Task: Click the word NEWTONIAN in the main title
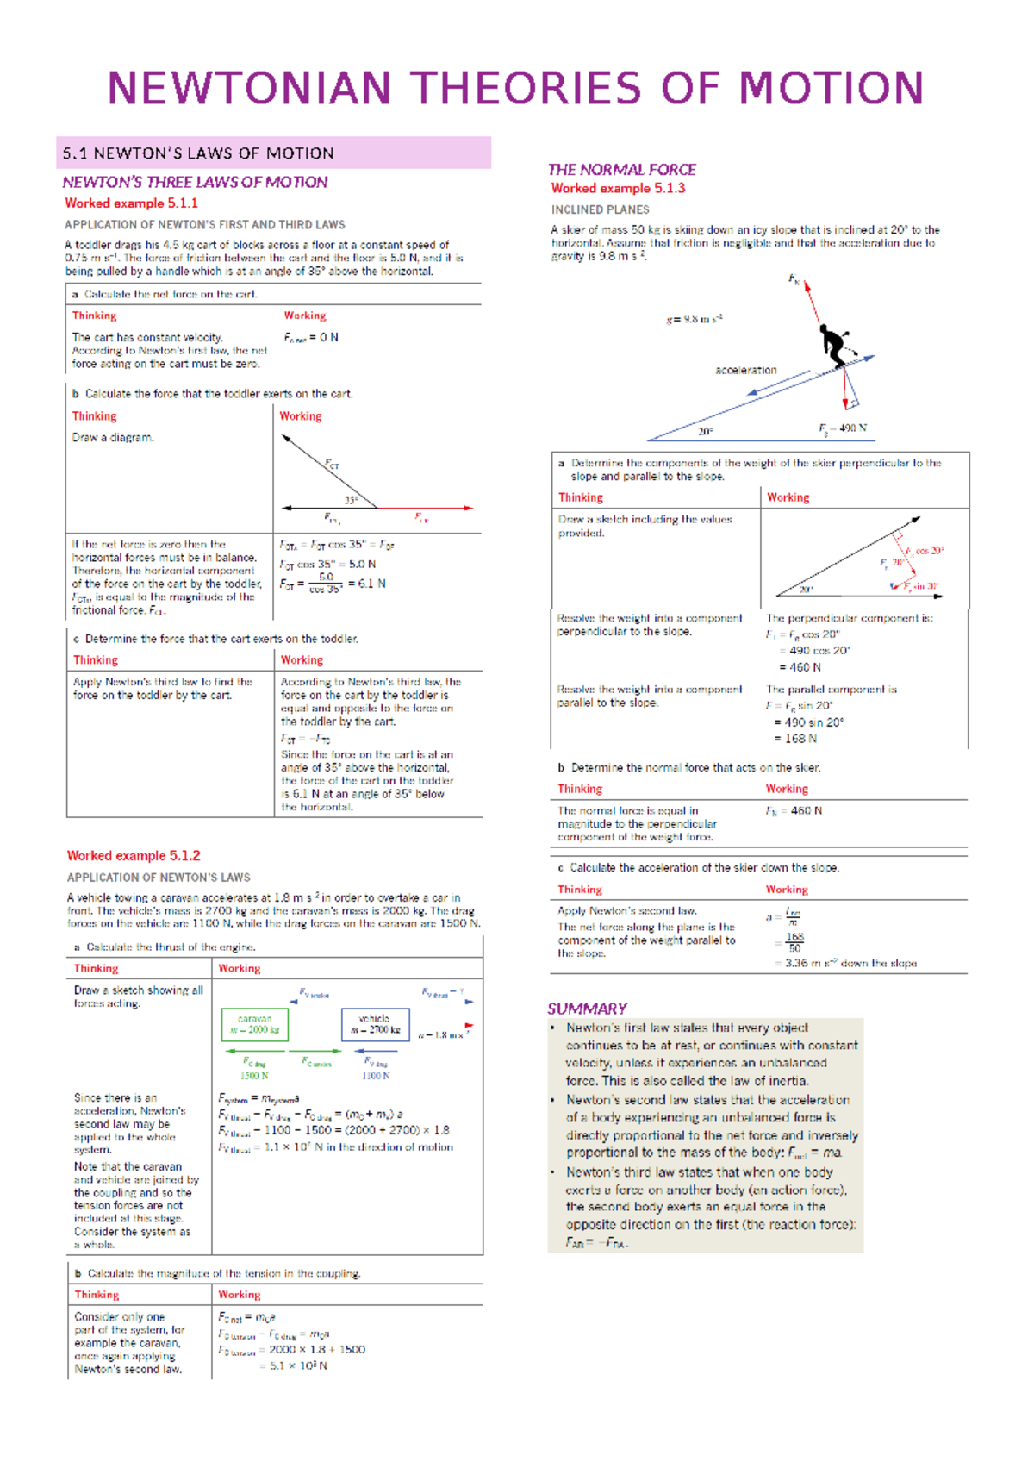click(249, 89)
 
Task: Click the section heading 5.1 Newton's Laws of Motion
click(198, 153)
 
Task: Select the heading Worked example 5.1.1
click(131, 203)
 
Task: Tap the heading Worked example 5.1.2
click(134, 856)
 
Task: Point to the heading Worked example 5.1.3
click(618, 188)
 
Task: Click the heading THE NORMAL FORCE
click(621, 170)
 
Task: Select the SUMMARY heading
click(587, 1009)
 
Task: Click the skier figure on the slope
click(834, 345)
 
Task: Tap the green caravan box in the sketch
click(254, 1025)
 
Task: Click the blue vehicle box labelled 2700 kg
click(375, 1025)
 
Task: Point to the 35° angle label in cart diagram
click(351, 500)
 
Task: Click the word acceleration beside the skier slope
click(745, 371)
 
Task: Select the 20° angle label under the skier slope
click(705, 431)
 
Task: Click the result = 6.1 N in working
click(367, 584)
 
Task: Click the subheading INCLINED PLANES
click(600, 209)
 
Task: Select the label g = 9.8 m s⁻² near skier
click(694, 319)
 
